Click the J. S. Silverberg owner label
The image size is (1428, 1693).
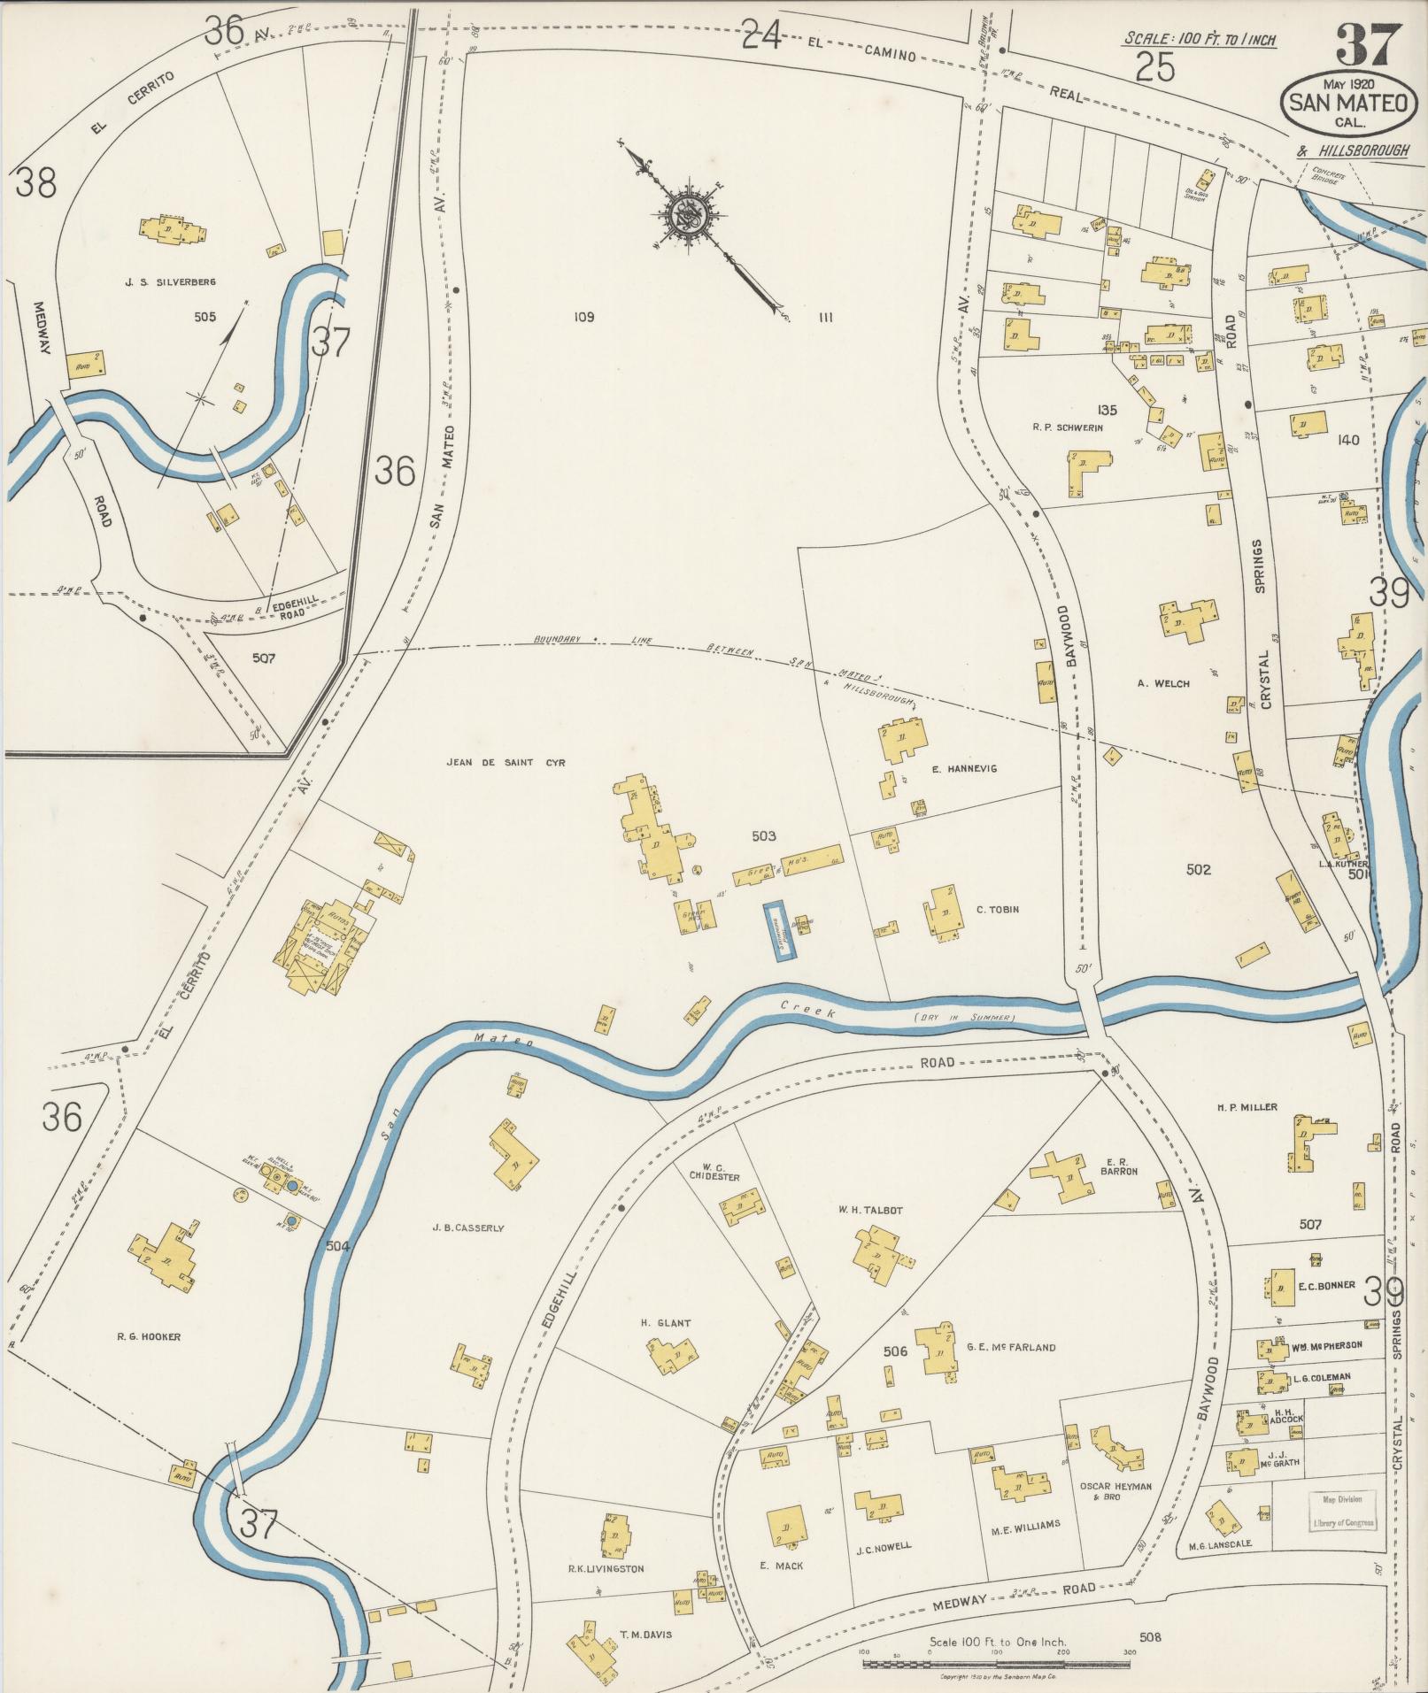(171, 282)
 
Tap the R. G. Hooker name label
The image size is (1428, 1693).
(149, 1336)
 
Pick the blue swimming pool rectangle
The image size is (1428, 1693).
(780, 930)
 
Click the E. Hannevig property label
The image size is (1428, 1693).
(964, 768)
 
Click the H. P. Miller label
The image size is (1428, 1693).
(1247, 1107)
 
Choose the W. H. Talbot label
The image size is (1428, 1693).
(871, 1210)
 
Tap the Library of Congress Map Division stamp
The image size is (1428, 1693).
(1342, 1511)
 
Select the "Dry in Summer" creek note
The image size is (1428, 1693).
(964, 1019)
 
